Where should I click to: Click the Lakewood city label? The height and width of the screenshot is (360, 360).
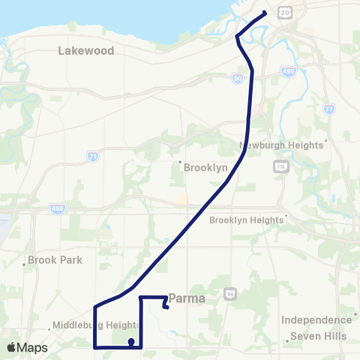coord(85,51)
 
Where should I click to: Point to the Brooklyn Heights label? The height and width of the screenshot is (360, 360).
coord(247,220)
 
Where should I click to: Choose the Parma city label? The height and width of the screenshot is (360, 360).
coord(187,298)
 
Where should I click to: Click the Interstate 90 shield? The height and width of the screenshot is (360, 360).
coord(238,77)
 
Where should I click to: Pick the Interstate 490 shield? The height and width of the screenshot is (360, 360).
coord(288,71)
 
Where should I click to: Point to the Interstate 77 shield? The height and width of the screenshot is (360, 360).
coord(330,109)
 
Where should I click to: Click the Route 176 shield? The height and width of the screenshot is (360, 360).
coord(280,166)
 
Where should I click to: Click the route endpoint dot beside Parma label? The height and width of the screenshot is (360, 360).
coord(166,306)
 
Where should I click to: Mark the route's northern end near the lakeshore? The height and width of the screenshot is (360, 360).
coord(265,13)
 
